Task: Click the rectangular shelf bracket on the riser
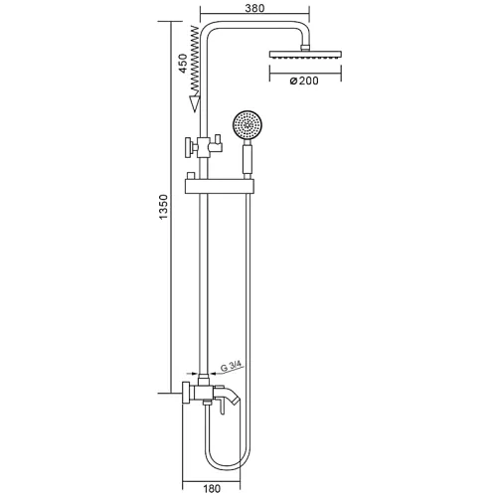(223, 186)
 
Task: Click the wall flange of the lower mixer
(187, 392)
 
